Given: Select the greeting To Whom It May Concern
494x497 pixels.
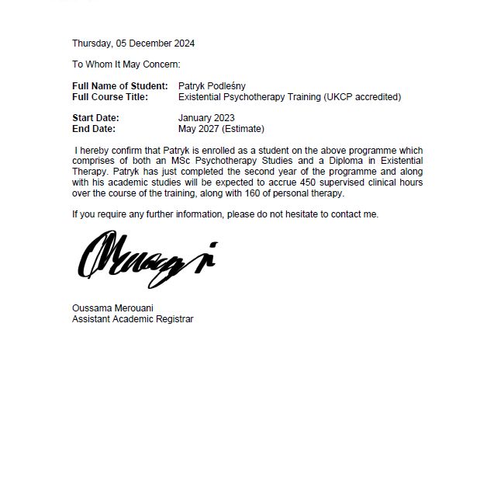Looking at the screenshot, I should coord(126,64).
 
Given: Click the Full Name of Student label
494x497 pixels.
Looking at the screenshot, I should coord(119,86).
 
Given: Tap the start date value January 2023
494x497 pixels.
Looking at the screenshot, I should coord(206,118).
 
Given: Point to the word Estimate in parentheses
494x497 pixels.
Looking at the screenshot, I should coord(243,129).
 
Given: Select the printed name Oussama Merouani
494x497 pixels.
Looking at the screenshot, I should coord(112,308).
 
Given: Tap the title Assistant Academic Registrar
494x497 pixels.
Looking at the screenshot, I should coord(133,319).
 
